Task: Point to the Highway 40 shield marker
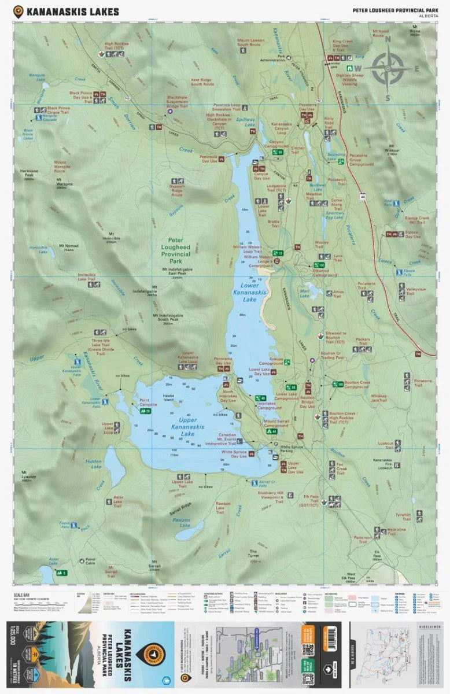[x=363, y=197]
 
